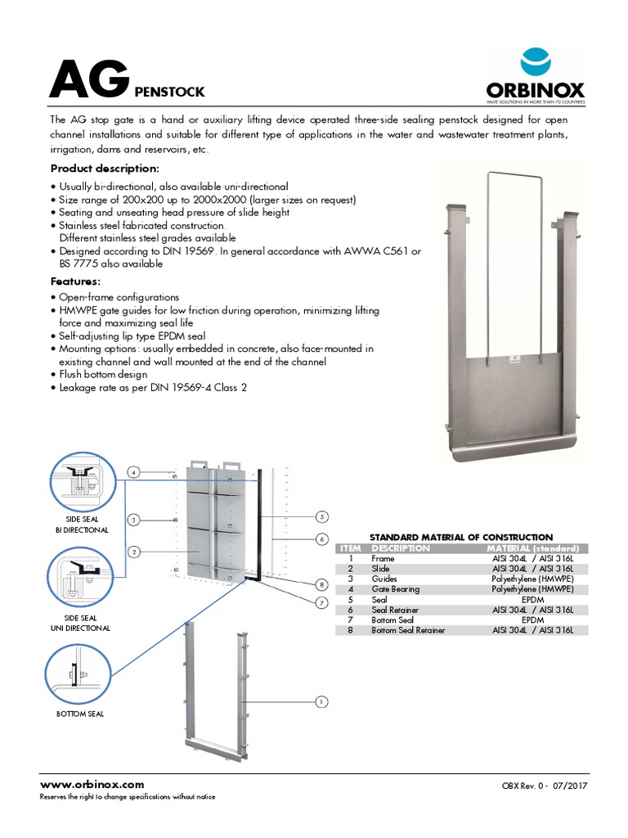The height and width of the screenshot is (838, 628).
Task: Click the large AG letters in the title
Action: coord(88,79)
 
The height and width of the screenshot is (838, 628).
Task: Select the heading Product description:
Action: coord(105,168)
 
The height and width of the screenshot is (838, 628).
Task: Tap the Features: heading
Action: coord(76,281)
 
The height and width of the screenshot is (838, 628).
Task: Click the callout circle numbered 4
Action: coord(133,471)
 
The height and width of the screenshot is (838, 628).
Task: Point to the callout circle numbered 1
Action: coord(321,701)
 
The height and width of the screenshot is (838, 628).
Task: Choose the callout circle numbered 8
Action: coord(322,584)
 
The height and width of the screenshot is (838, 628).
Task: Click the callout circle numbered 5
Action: coord(322,516)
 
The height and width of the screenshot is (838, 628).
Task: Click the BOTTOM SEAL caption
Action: coord(80,714)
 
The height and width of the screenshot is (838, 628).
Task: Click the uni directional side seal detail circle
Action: coord(81,580)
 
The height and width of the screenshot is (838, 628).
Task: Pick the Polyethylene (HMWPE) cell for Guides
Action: coord(532,579)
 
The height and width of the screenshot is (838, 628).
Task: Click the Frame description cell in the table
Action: coord(383,558)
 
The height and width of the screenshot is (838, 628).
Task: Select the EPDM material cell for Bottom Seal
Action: coord(532,620)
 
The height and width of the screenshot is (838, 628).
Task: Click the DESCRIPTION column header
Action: coord(401,547)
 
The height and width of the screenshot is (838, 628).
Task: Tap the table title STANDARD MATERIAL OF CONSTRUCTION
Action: coord(461,537)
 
